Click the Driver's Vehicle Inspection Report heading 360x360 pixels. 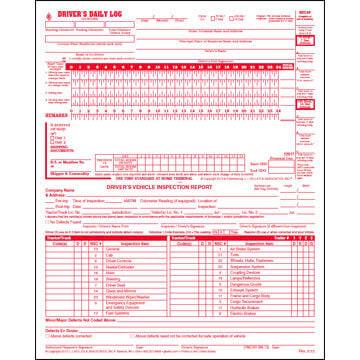click(180, 191)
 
